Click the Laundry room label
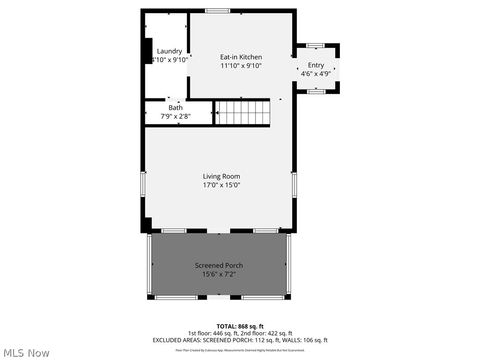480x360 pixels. click(x=169, y=51)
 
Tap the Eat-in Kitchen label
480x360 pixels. click(x=241, y=57)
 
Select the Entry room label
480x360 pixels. click(x=316, y=65)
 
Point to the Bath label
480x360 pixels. click(x=175, y=108)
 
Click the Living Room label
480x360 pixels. click(x=221, y=176)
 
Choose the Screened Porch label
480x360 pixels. click(x=218, y=265)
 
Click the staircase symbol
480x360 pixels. click(x=244, y=111)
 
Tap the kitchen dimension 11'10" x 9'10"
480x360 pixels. click(x=241, y=66)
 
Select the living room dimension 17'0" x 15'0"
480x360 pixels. click(x=221, y=185)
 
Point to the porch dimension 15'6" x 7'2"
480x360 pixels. click(x=218, y=274)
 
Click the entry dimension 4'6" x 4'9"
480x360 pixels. click(x=316, y=74)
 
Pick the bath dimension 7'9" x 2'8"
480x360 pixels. click(x=175, y=116)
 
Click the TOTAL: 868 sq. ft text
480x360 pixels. click(x=237, y=326)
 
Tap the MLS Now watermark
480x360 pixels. click(x=27, y=352)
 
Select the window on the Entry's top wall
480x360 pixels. click(x=316, y=44)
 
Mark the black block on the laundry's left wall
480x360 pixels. click(x=148, y=51)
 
